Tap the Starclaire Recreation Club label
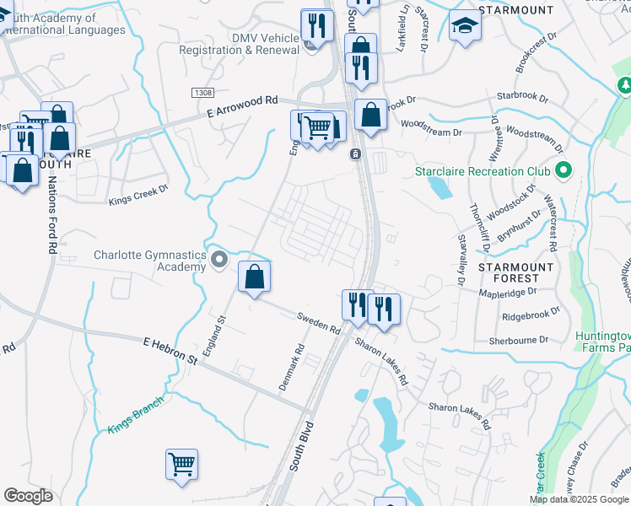coord(483,172)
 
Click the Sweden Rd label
coord(317,323)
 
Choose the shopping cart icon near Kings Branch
coord(181,464)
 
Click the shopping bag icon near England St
coord(254,276)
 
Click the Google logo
coord(29,496)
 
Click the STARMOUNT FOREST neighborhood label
coord(515,272)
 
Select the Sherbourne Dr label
coord(519,341)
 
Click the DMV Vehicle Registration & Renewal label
coord(240,44)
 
